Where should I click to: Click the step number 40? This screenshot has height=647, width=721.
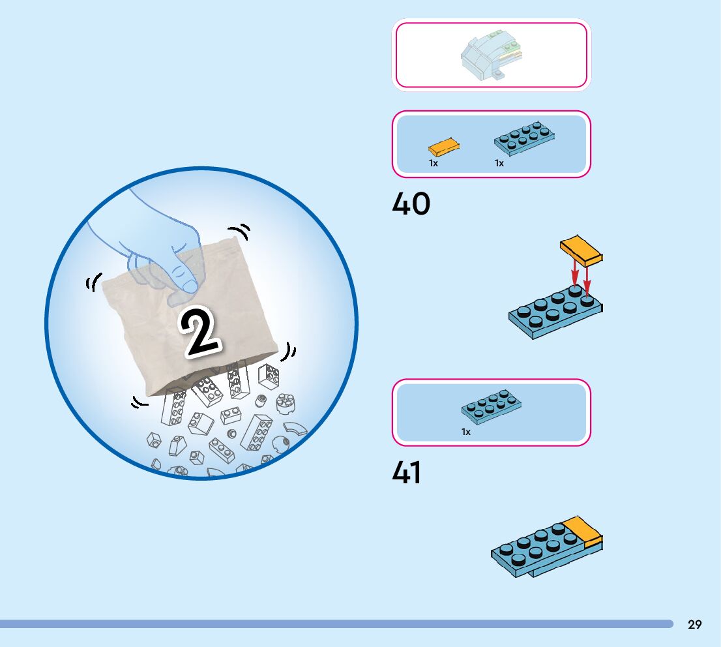tap(411, 204)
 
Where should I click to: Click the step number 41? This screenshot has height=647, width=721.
tap(407, 473)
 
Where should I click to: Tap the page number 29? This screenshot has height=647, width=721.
tap(695, 624)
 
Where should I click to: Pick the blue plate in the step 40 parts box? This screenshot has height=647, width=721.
tap(525, 137)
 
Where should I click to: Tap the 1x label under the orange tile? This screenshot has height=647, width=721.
tap(434, 164)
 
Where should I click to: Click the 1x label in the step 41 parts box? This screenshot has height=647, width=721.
tap(466, 432)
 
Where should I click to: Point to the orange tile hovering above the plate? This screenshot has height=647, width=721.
tap(581, 250)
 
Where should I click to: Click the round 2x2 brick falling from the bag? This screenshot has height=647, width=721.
tap(284, 403)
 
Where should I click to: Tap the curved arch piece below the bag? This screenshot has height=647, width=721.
tap(297, 430)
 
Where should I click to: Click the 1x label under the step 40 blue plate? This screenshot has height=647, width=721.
tap(499, 164)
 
